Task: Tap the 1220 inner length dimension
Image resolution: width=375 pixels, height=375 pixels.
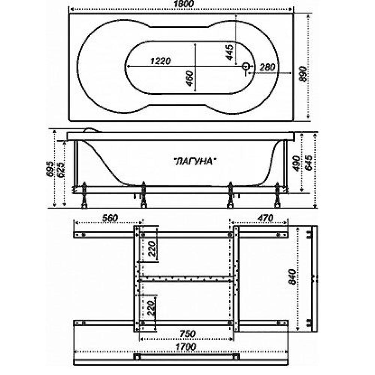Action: pos(161,61)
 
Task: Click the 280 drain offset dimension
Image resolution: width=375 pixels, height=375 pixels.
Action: pos(267,67)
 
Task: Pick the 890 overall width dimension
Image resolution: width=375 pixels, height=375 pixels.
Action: pos(303,74)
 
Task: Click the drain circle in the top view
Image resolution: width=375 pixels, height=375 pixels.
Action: pos(246,66)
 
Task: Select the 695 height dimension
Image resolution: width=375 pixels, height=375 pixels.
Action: pos(51,169)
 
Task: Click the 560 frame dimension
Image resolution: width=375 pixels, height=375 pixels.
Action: pos(110,218)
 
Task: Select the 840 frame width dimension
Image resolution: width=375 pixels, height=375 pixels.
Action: pos(292,277)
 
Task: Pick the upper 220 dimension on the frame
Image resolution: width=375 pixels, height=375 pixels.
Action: pos(152,249)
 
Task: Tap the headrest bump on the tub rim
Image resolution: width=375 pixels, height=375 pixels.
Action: pos(92,130)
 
